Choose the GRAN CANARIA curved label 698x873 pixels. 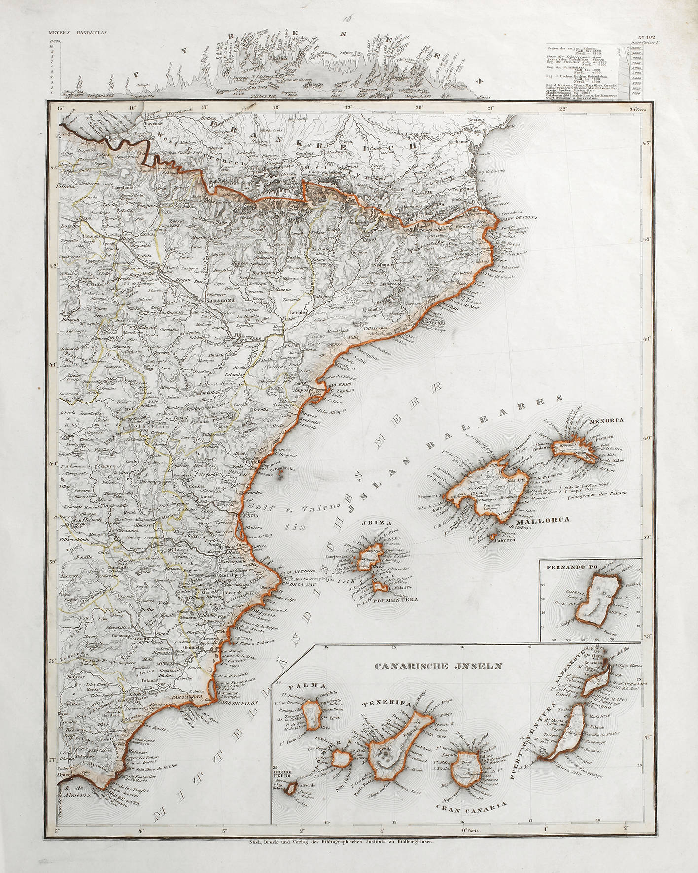[x=471, y=820]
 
